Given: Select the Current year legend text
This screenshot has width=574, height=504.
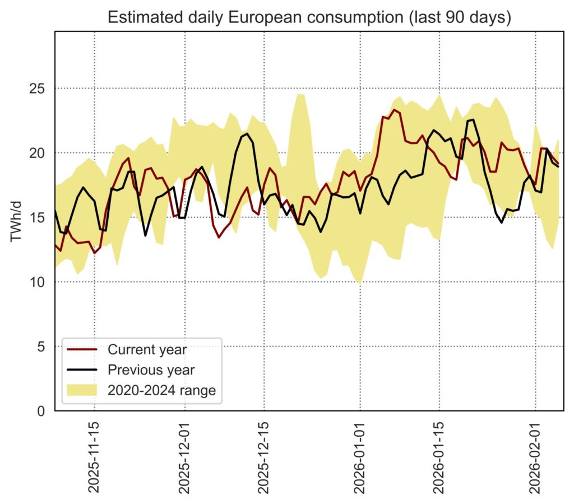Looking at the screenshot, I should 147,350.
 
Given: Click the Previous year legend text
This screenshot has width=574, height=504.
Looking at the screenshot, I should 151,370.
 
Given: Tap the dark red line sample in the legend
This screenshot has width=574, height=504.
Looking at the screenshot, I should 82,350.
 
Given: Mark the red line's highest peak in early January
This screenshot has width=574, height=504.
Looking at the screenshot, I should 395,110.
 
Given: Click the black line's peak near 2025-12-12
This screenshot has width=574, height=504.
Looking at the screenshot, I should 247,133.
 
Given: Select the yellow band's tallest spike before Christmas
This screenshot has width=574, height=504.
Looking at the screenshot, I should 300,94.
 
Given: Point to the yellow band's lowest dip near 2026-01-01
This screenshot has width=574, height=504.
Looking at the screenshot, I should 359,283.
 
